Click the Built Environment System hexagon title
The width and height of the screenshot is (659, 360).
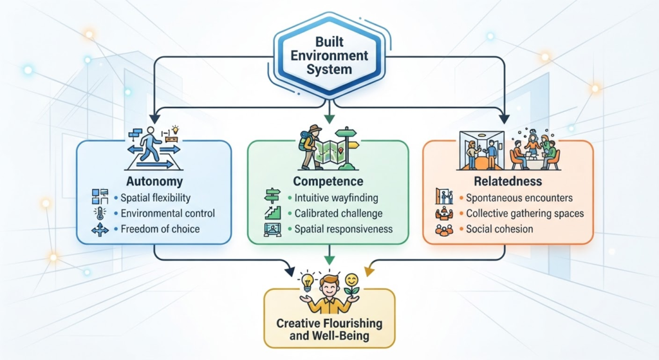click(329, 55)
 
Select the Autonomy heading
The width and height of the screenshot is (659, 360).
click(154, 181)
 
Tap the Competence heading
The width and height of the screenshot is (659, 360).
click(328, 181)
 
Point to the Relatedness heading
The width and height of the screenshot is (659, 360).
click(508, 181)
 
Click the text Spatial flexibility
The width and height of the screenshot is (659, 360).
click(156, 198)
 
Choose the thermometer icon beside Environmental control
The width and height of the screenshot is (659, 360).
click(100, 213)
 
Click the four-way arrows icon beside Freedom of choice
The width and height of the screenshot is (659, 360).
click(100, 230)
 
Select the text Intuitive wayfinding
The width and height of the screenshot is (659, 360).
click(336, 198)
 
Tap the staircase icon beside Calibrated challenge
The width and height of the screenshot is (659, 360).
click(272, 213)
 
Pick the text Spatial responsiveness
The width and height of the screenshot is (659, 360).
click(344, 229)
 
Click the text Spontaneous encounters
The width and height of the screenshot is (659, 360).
click(519, 198)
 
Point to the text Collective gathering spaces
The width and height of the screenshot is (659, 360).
click(525, 214)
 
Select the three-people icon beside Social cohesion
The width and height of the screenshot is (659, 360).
click(444, 230)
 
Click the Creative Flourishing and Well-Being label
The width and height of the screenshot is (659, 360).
click(329, 329)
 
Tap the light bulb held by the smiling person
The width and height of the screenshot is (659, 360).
click(308, 281)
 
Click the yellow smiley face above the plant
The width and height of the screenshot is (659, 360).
click(351, 279)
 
